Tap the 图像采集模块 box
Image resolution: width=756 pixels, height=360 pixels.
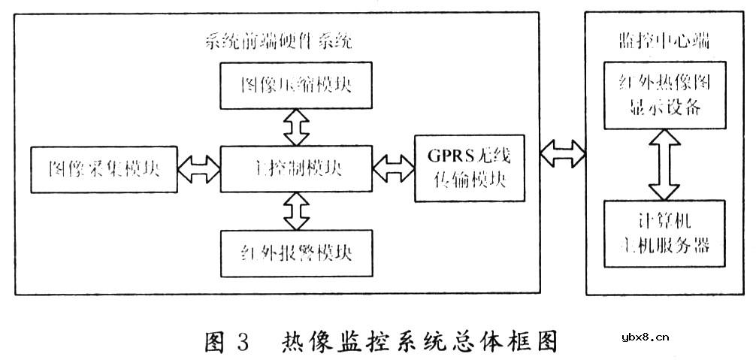103,169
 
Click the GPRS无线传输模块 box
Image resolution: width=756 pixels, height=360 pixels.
466,169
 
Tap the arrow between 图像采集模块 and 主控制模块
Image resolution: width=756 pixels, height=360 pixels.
198,169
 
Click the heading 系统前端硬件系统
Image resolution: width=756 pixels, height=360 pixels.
279,41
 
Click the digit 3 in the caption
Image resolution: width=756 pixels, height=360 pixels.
241,341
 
